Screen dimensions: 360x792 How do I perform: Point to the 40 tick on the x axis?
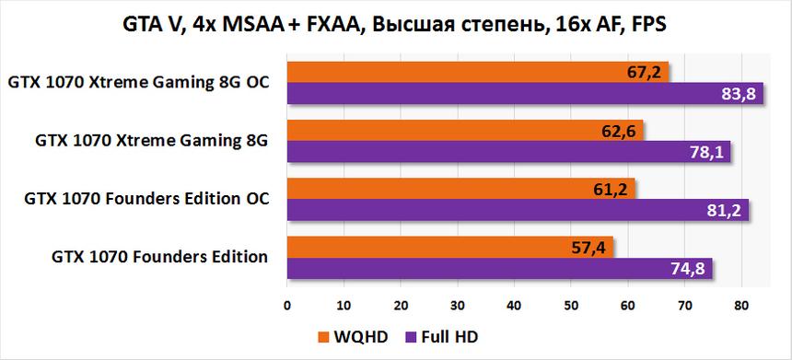514,304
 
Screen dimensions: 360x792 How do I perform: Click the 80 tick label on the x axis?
740,304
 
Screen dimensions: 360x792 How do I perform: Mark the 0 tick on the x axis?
287,304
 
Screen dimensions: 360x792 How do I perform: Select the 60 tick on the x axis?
628,304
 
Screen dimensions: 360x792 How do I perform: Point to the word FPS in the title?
646,25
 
